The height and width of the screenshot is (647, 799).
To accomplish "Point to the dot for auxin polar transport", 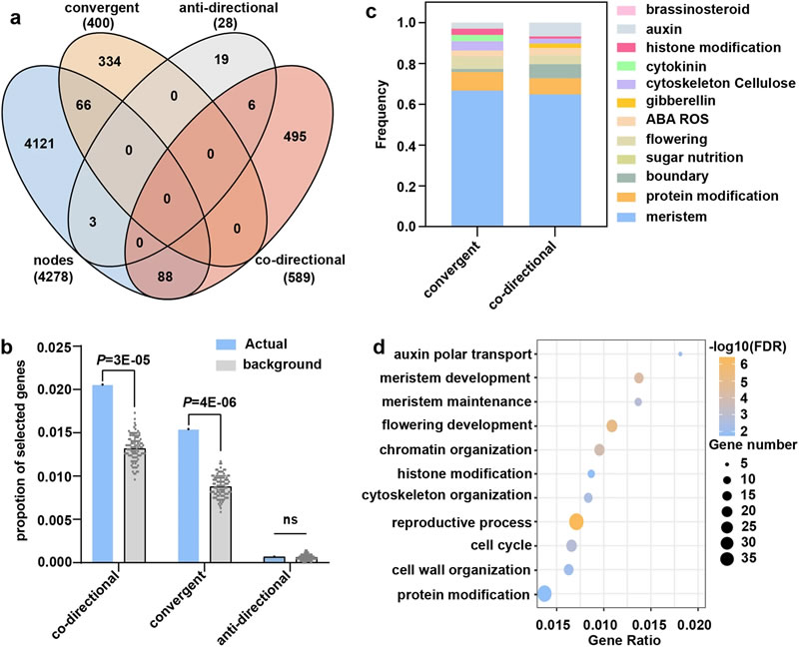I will coord(680,353).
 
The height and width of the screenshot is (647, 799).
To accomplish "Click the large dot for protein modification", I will coord(544,594).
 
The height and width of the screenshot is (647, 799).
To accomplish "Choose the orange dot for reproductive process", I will coord(576,521).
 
